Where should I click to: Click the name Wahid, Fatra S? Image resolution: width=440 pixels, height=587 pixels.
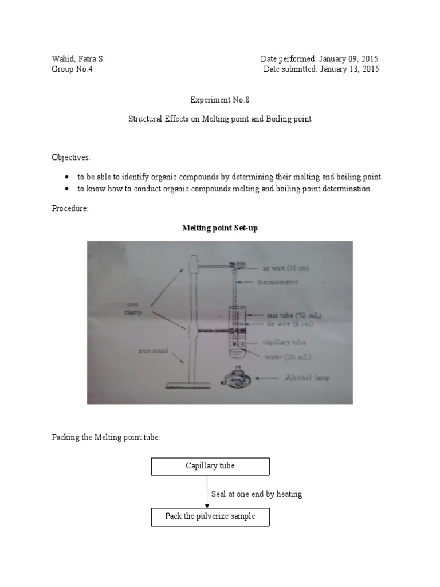click(x=78, y=59)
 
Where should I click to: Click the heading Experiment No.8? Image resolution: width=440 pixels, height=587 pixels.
click(x=220, y=99)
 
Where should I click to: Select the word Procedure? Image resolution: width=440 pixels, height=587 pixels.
click(x=70, y=209)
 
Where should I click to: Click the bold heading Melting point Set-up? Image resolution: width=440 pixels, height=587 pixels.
click(x=220, y=228)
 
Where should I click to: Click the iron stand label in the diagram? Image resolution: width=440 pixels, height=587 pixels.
click(x=152, y=350)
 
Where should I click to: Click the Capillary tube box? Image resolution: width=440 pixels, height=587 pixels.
click(x=210, y=466)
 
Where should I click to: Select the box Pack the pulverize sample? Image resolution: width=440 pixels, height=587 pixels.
click(x=210, y=516)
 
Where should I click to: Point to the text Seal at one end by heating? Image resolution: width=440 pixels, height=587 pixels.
click(x=256, y=494)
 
